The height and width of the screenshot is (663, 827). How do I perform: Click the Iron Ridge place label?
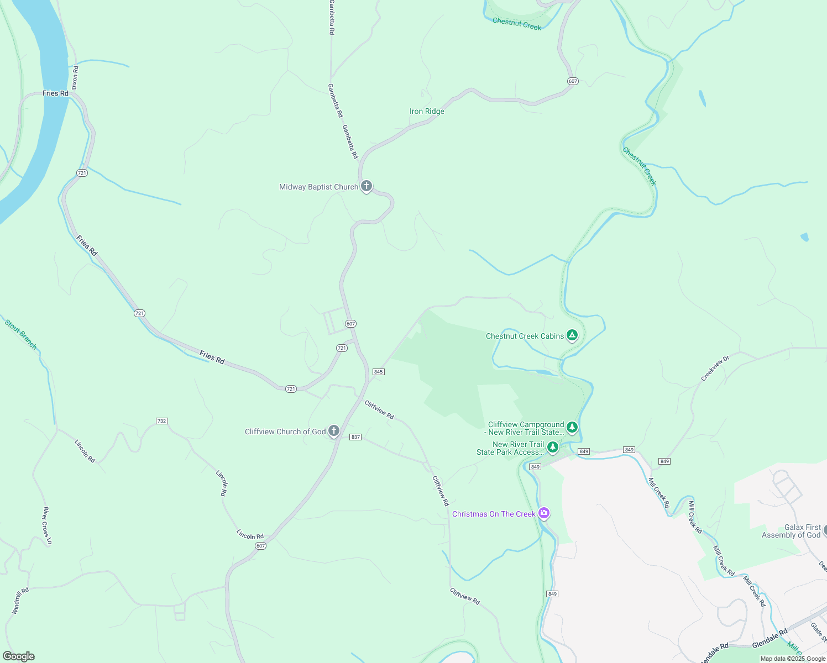tap(427, 112)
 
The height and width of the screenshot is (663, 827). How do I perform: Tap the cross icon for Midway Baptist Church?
tap(366, 186)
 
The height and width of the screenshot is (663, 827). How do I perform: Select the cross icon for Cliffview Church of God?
tap(333, 431)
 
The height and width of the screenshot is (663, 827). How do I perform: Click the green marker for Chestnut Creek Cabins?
tap(572, 335)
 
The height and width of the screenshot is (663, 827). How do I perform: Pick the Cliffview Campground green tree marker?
tap(572, 427)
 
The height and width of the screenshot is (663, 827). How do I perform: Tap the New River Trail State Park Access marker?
tap(552, 446)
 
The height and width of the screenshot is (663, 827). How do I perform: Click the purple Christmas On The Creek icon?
tap(544, 514)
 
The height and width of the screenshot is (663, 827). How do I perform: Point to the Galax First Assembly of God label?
tap(791, 531)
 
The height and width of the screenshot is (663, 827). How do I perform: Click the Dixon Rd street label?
tap(75, 78)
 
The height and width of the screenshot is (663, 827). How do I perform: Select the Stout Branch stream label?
tap(21, 334)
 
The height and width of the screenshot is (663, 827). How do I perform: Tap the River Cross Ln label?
tap(48, 525)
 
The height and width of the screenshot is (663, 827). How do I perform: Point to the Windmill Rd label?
tap(20, 601)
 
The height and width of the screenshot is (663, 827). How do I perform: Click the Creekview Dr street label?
tap(715, 369)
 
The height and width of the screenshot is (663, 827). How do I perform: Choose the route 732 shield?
tap(161, 421)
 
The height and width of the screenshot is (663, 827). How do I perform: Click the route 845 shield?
tap(378, 372)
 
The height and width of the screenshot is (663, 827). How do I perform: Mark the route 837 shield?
tap(355, 437)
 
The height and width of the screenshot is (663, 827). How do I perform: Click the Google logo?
tap(18, 656)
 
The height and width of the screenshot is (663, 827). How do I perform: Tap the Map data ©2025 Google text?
tap(792, 659)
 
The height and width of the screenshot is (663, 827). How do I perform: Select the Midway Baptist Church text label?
tap(318, 187)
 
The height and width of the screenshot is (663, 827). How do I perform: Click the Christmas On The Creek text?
tap(494, 514)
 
